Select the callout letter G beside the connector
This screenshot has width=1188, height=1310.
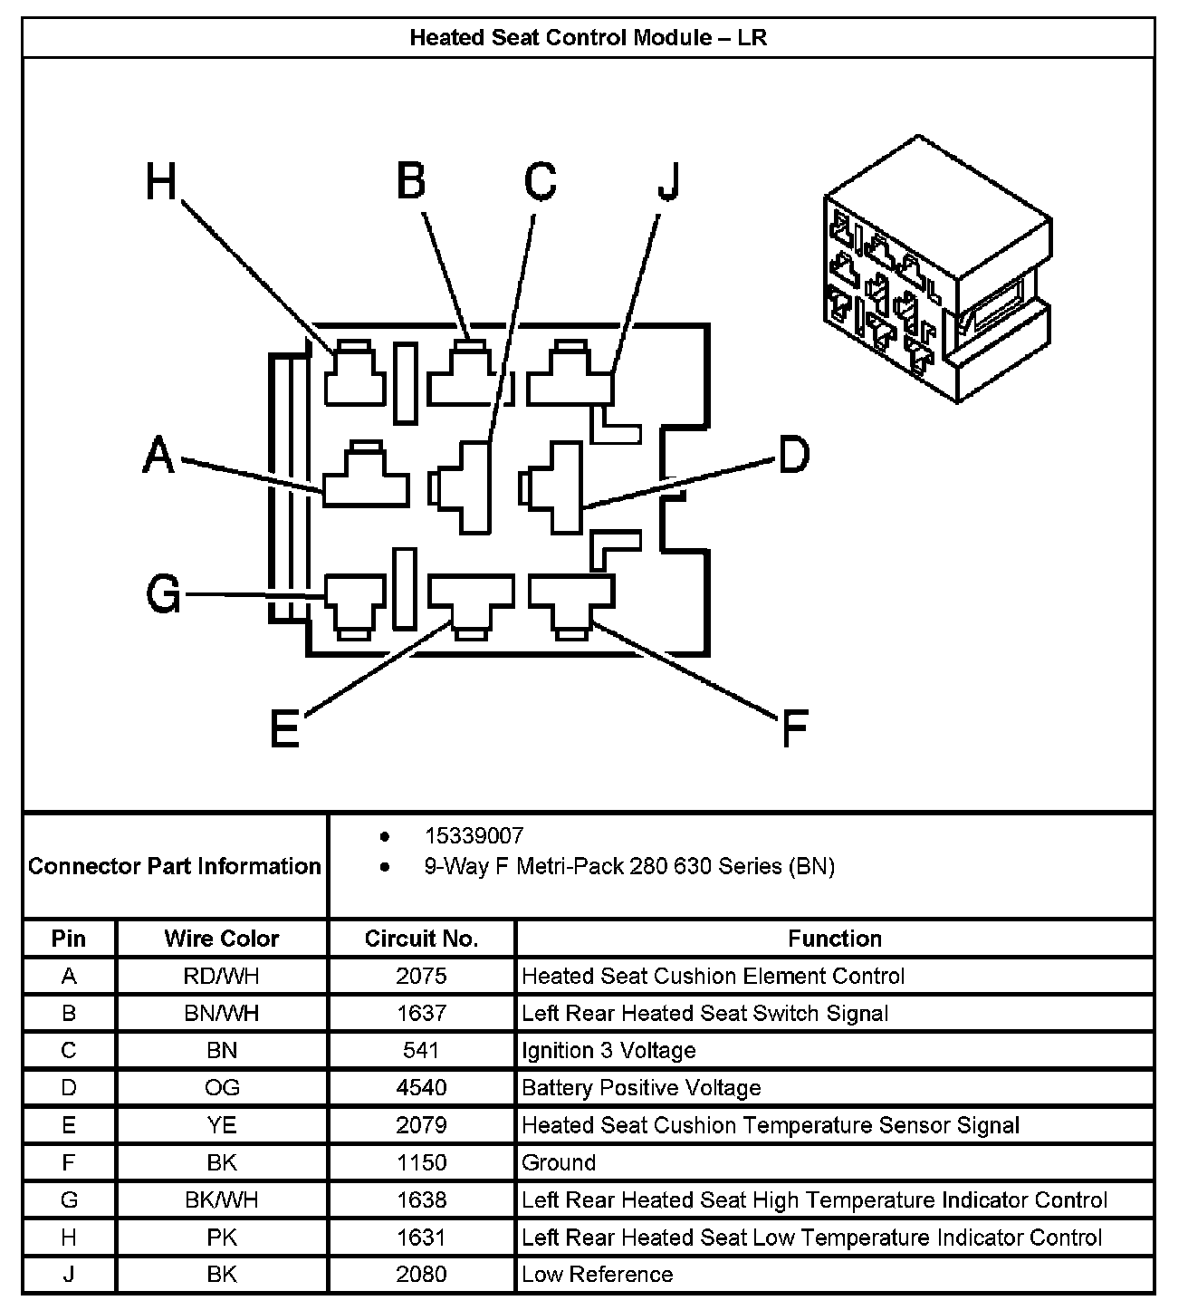point(164,595)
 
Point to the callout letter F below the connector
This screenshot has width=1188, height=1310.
point(793,727)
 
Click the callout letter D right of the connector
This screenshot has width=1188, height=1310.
point(793,455)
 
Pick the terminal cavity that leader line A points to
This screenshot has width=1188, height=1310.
point(366,478)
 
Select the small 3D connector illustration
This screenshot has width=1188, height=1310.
point(938,269)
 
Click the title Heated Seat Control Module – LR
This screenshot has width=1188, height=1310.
point(589,37)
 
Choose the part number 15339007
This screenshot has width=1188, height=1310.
point(474,835)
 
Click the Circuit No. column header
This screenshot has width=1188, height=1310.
point(421,939)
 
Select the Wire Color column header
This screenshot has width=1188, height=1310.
point(222,939)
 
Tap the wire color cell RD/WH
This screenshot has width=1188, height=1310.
point(222,976)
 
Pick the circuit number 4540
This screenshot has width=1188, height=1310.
point(421,1087)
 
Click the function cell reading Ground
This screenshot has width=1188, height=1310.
point(559,1162)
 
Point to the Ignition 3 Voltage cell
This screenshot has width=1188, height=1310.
point(608,1050)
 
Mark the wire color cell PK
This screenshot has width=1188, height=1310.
point(222,1237)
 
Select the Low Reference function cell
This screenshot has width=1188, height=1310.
point(598,1274)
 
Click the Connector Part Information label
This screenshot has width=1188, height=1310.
point(175,866)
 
